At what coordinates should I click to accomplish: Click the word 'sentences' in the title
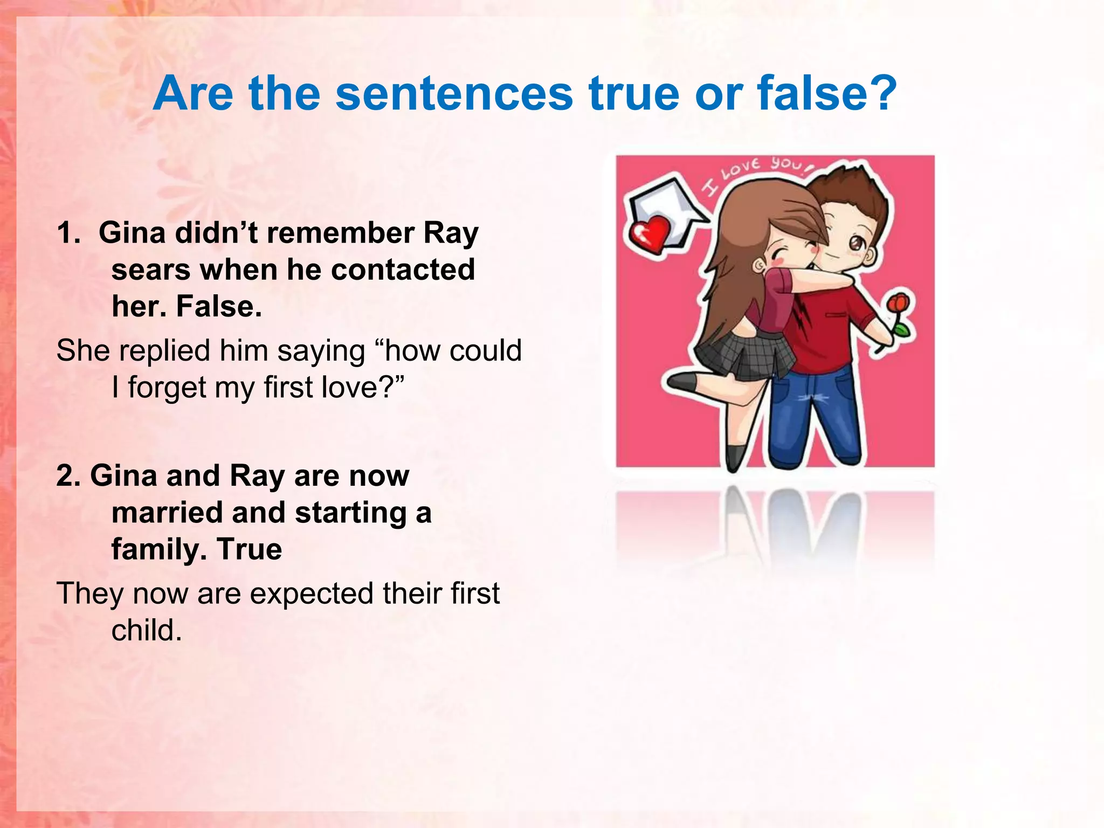(x=454, y=94)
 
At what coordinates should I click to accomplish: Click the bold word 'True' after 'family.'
(x=250, y=549)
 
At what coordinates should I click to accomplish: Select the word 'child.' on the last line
(x=147, y=630)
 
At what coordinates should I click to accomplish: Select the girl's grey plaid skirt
(x=744, y=353)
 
